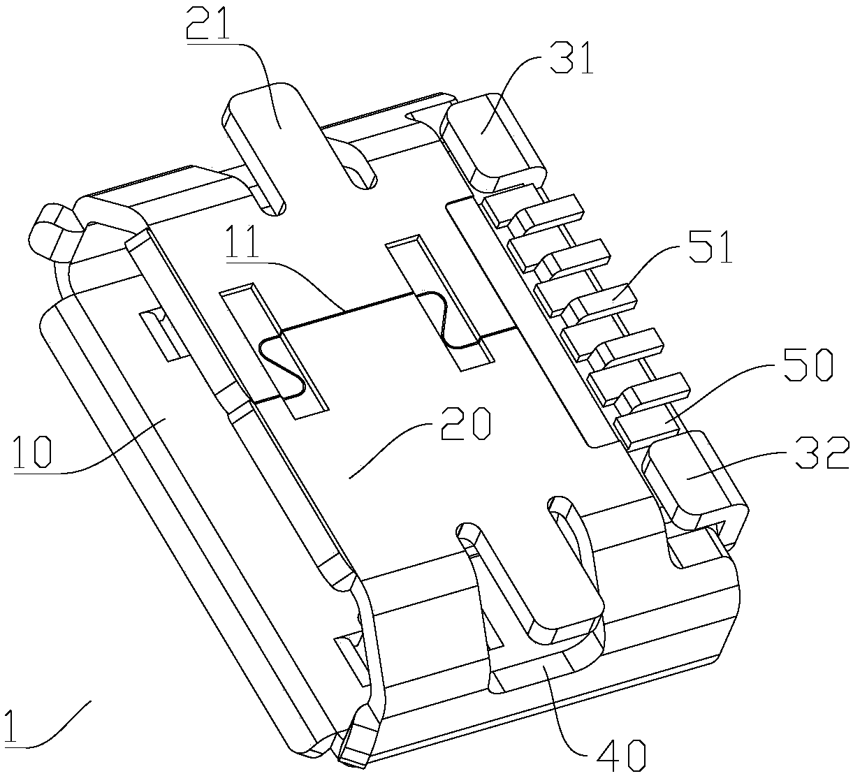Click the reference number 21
210,28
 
